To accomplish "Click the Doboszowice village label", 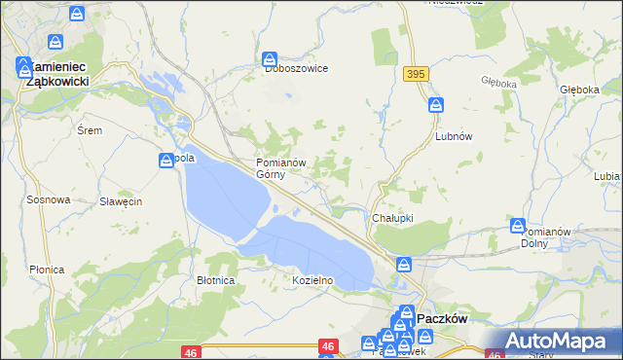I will click(297, 69).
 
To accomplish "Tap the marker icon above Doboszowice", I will click(271, 59).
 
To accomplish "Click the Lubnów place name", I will click(453, 136).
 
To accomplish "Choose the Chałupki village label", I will click(393, 218).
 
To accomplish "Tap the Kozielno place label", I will click(313, 280).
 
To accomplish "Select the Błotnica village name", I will click(216, 280).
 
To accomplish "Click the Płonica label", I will click(47, 270).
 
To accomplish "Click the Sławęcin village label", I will click(122, 201).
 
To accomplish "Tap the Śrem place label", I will click(89, 130).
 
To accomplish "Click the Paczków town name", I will click(443, 318).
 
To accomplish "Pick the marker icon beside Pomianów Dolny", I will click(519, 226).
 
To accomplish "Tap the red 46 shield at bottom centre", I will click(328, 346).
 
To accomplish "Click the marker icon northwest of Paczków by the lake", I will click(403, 264).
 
